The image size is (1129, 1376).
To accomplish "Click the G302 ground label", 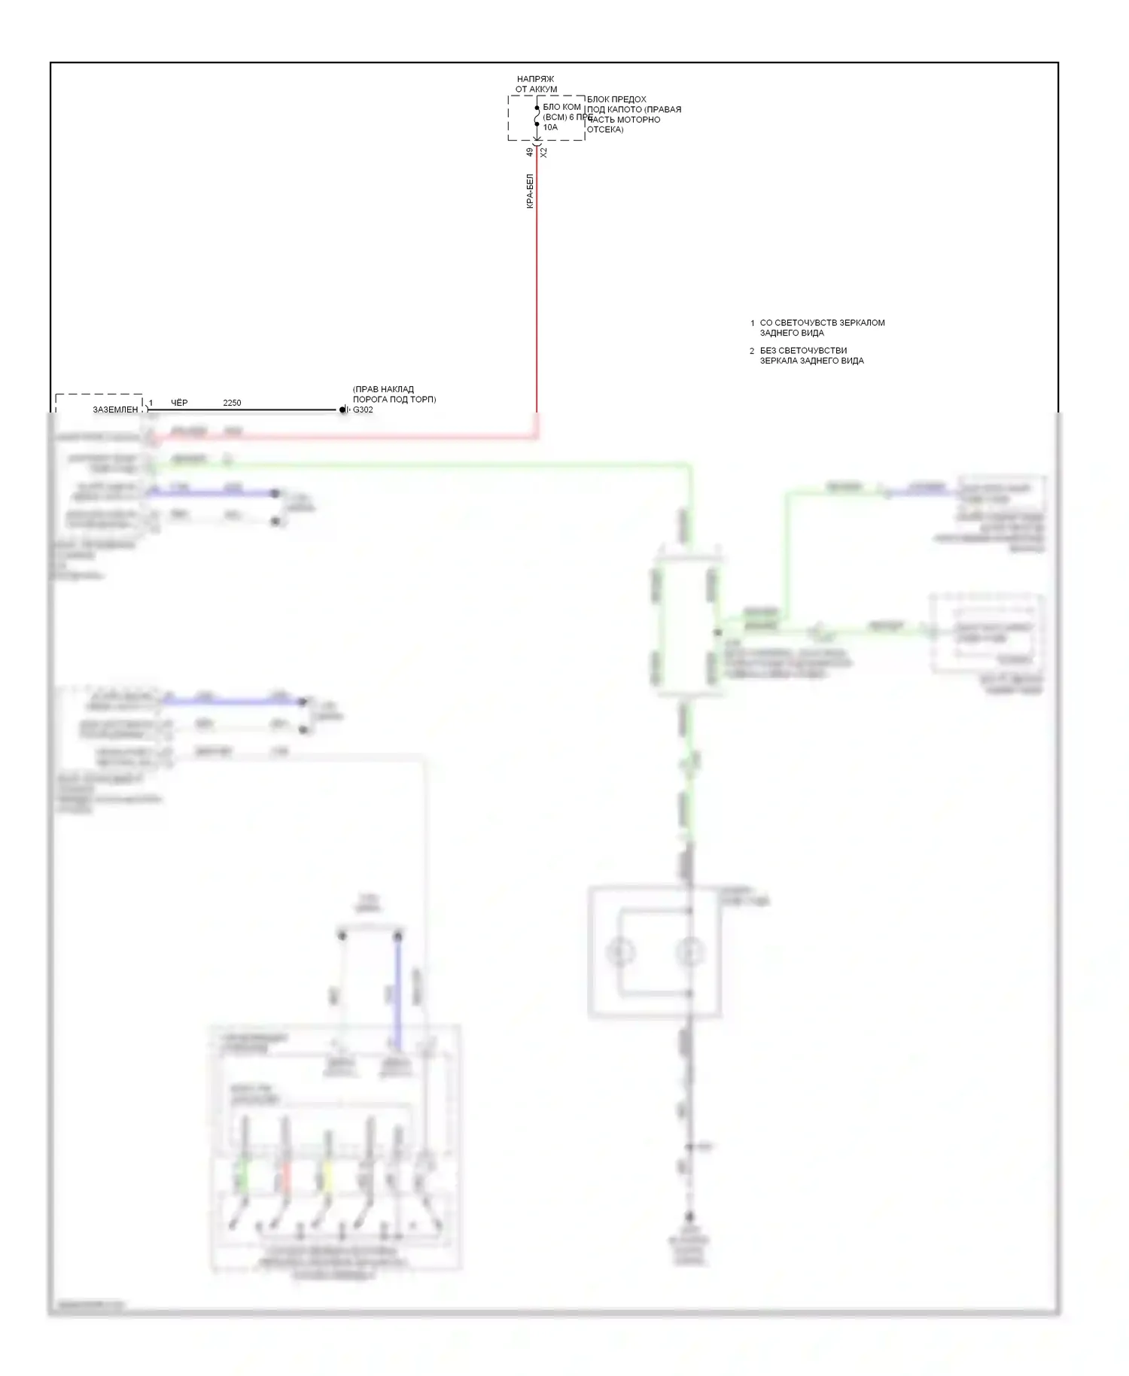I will tap(363, 410).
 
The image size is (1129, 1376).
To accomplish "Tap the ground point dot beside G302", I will tap(342, 409).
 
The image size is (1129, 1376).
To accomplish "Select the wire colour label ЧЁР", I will tap(179, 403).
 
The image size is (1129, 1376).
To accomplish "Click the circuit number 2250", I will tap(232, 403).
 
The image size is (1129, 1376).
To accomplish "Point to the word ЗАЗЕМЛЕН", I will tap(115, 409).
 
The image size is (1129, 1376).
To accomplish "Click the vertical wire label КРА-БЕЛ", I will tap(530, 191).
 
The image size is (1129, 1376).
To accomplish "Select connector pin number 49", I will tap(530, 151).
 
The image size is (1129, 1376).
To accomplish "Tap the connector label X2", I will tap(543, 152).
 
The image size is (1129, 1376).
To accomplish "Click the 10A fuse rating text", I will tap(550, 127).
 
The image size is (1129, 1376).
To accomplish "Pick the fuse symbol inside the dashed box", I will tap(537, 116).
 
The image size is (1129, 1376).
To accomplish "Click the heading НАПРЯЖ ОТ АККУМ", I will tap(536, 84).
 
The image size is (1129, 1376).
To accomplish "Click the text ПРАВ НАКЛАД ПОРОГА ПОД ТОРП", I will tap(394, 394).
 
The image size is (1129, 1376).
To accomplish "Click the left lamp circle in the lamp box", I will tap(620, 952).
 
